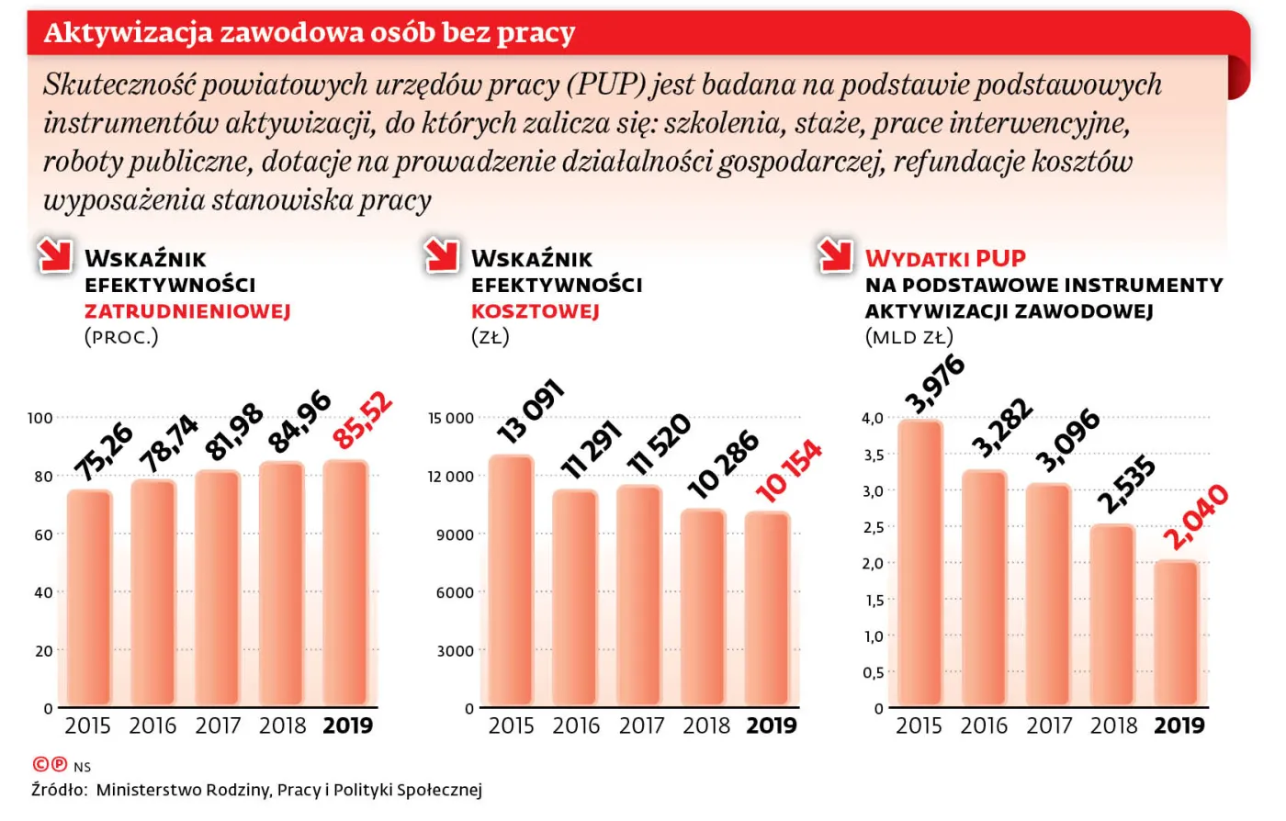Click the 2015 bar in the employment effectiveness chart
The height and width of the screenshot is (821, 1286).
(89, 598)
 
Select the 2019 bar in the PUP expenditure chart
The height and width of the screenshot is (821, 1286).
(1177, 634)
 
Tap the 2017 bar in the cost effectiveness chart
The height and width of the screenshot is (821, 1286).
(639, 595)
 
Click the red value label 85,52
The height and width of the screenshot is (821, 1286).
(363, 421)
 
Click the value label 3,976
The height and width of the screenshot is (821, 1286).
(935, 384)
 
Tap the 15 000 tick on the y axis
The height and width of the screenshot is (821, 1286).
(451, 418)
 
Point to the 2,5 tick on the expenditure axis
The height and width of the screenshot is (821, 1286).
(873, 527)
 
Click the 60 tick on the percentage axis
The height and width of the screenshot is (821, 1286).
(43, 534)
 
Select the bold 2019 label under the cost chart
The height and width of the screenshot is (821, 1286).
(771, 725)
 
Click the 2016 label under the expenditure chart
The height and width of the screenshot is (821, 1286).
(984, 725)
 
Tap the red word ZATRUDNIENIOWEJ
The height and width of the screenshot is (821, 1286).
(187, 311)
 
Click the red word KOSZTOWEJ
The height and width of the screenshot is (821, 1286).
(535, 311)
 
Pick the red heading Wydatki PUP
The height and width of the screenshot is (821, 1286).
(945, 258)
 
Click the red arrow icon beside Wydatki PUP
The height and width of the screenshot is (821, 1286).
(836, 256)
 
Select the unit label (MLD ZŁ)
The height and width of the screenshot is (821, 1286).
(908, 337)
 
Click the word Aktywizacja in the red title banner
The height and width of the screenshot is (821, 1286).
(114, 33)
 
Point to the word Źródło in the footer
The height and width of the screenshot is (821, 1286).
(59, 790)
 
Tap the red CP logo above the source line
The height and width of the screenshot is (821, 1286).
(50, 764)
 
